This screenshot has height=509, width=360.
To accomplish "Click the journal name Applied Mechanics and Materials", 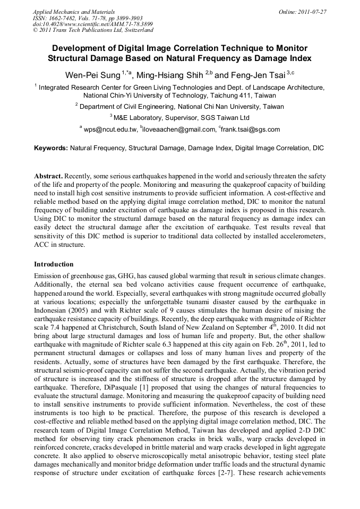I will (x=73, y=11).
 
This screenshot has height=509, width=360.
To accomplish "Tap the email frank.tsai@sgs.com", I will (x=251, y=130).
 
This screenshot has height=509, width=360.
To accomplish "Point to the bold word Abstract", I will (x=48, y=176).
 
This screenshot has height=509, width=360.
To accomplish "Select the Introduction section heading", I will (x=54, y=264).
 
